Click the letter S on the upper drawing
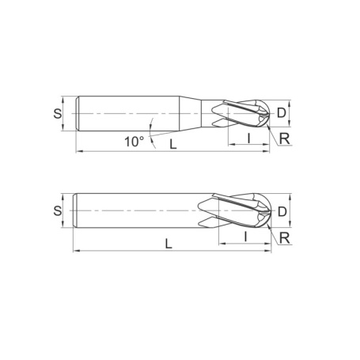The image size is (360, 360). pos(57,112)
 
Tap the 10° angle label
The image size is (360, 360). pos(134,142)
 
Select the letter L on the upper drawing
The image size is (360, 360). pos(172,144)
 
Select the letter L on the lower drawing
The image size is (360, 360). pos(169,244)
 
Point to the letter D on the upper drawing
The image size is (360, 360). pos(282,112)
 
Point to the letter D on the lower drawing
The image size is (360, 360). pos(282,211)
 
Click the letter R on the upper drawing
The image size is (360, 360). pos(284,138)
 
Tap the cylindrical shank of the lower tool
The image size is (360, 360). pos(135,211)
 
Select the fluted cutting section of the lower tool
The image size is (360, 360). pos(237,211)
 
